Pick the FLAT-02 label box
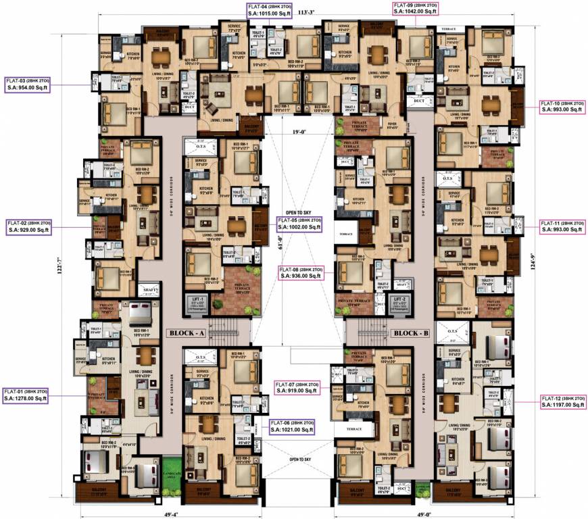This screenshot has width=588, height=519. coord(29,226)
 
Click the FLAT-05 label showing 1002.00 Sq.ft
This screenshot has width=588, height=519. coord(299,224)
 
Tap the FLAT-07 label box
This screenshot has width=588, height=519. coord(298,387)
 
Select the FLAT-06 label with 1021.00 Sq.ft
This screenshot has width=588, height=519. coord(292,426)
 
